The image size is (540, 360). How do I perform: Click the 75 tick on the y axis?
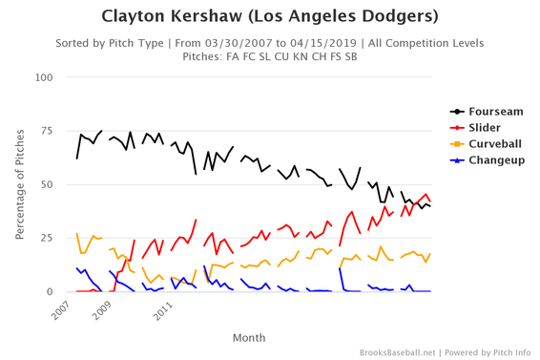(x=44, y=130)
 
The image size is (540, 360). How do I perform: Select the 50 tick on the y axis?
(x=44, y=183)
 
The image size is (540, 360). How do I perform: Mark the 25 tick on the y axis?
(x=44, y=238)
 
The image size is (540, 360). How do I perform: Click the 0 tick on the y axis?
(x=48, y=291)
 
